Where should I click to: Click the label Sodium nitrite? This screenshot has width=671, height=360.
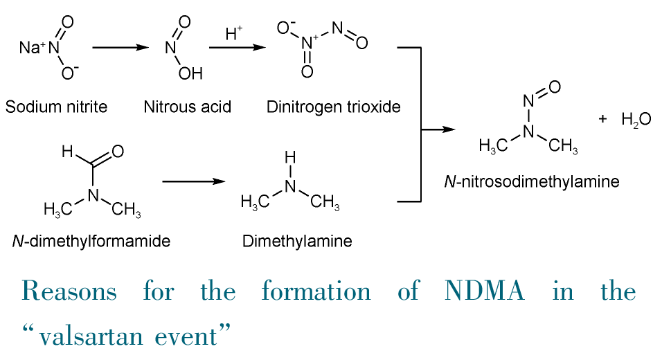(56, 107)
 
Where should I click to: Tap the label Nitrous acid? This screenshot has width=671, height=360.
(187, 107)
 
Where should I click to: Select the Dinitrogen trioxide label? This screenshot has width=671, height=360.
(333, 107)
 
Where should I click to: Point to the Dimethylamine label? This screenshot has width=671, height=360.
(297, 242)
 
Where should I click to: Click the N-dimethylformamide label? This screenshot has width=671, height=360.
(91, 242)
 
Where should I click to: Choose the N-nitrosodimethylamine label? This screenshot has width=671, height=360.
(531, 182)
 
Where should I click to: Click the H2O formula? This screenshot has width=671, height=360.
(636, 120)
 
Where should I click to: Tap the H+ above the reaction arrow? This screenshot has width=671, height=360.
(234, 33)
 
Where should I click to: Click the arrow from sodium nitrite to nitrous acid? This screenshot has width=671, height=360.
(120, 48)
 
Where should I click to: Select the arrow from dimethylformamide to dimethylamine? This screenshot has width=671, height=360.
(194, 181)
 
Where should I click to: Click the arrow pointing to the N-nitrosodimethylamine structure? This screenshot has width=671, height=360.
(439, 129)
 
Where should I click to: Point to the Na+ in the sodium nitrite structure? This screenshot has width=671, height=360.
(31, 48)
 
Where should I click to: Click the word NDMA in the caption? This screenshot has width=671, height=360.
(484, 291)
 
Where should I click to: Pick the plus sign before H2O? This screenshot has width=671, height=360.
(602, 119)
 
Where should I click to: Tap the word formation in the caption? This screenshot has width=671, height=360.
(316, 291)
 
